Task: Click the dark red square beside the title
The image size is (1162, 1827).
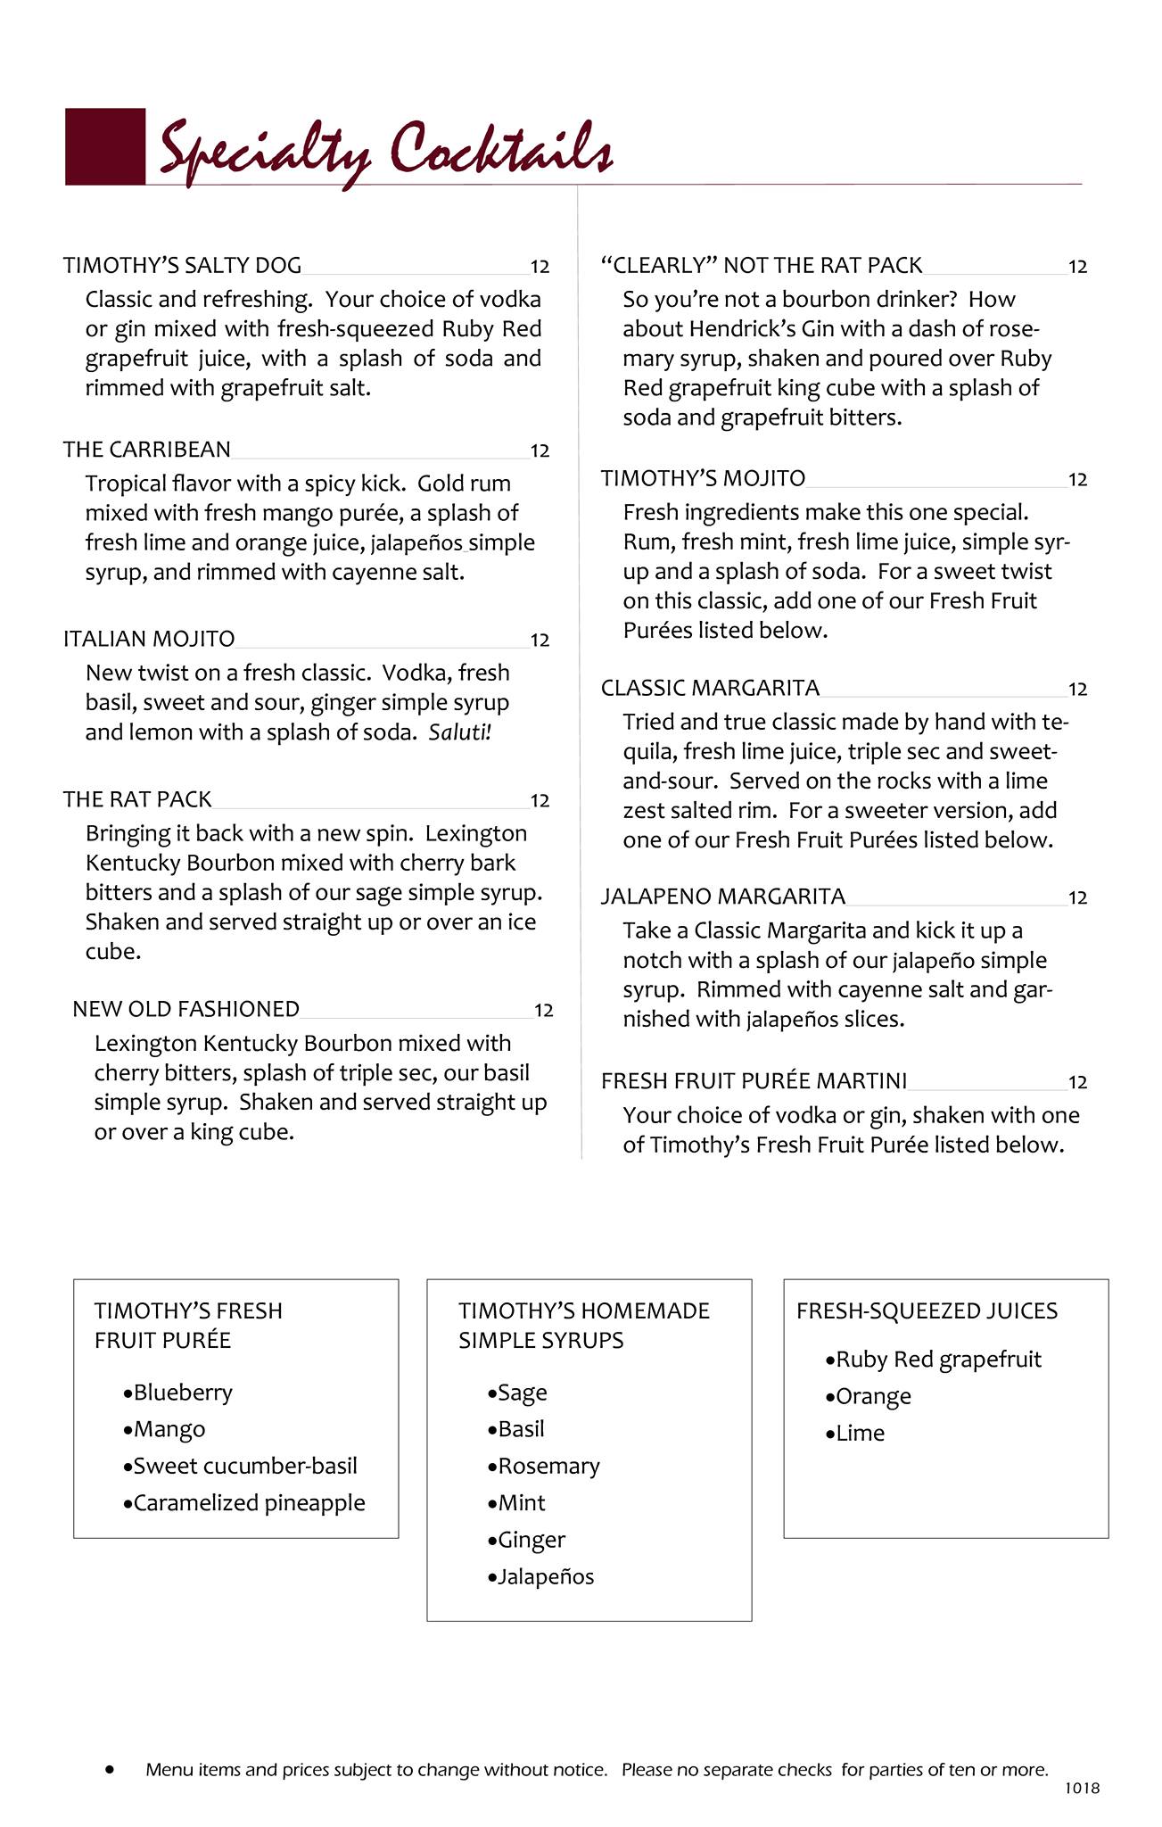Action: pyautogui.click(x=105, y=146)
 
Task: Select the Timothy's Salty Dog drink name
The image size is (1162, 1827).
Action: pyautogui.click(x=182, y=265)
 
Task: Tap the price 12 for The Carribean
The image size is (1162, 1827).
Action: pyautogui.click(x=540, y=451)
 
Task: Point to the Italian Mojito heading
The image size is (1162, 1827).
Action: pyautogui.click(x=149, y=639)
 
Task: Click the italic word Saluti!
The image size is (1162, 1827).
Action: pyautogui.click(x=459, y=732)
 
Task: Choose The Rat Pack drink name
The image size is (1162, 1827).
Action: pyautogui.click(x=137, y=799)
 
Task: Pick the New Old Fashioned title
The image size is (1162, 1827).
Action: pyautogui.click(x=185, y=1009)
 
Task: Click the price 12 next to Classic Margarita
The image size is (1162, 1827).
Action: pyautogui.click(x=1077, y=690)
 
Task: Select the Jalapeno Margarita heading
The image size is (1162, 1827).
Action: pyautogui.click(x=722, y=897)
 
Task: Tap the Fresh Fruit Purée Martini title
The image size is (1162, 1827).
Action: pyautogui.click(x=754, y=1081)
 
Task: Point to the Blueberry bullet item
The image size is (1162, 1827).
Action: pyautogui.click(x=182, y=1393)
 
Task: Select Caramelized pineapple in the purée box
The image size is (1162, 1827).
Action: pyautogui.click(x=249, y=1503)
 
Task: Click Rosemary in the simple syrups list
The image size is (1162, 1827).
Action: pyautogui.click(x=548, y=1467)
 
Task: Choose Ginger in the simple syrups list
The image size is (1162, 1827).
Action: pyautogui.click(x=532, y=1540)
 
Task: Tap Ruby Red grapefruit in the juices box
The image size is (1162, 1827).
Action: pyautogui.click(x=937, y=1360)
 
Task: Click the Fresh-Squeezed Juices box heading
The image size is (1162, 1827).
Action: pyautogui.click(x=927, y=1311)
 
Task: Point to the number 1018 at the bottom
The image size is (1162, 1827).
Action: pyautogui.click(x=1082, y=1788)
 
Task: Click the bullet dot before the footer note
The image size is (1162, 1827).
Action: pyautogui.click(x=111, y=1769)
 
